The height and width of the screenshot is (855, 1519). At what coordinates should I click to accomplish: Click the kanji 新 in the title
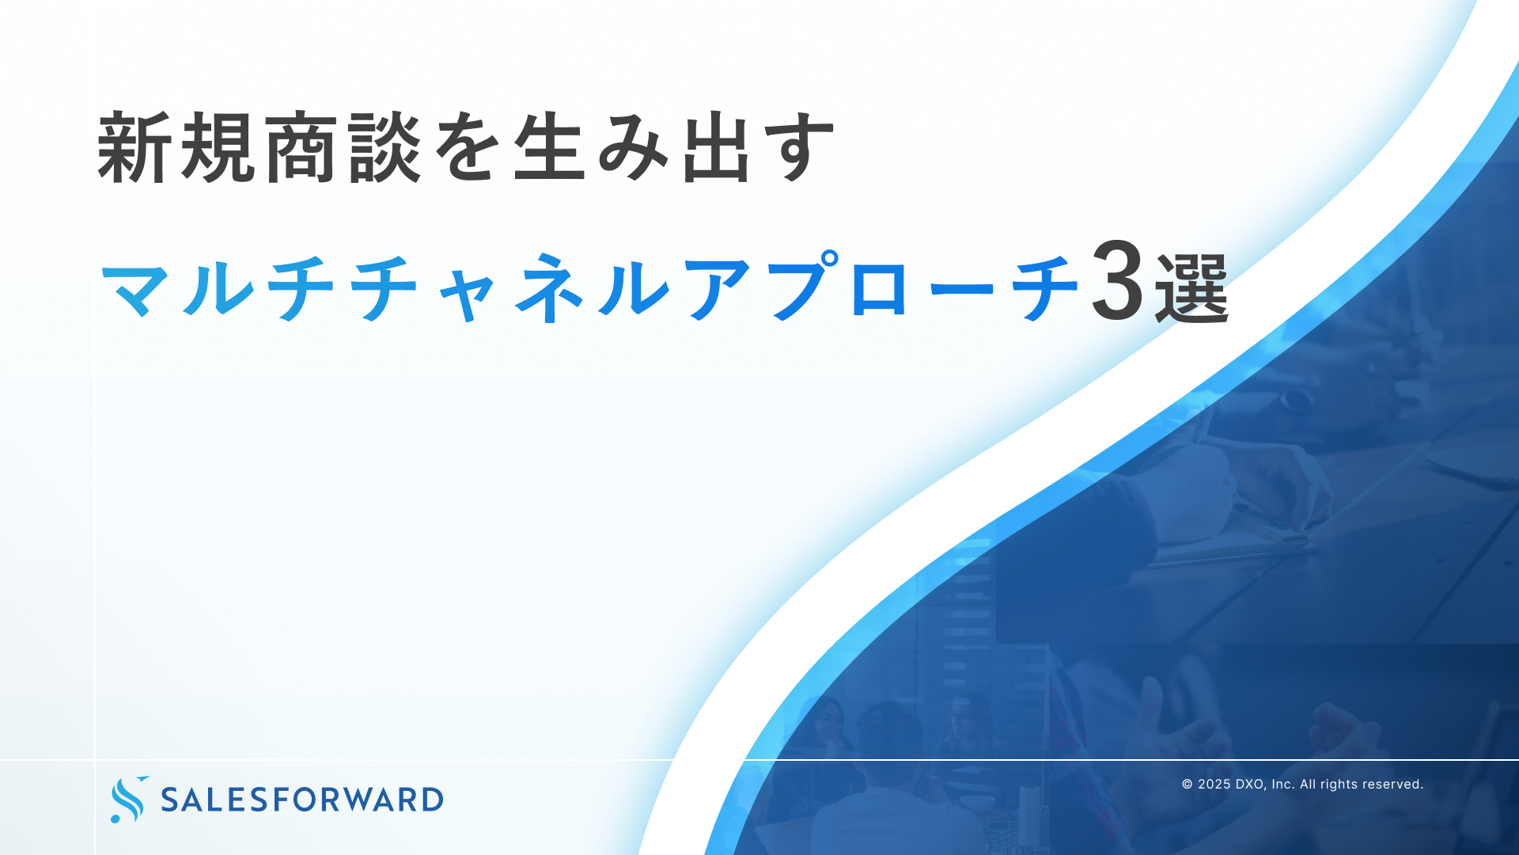[134, 147]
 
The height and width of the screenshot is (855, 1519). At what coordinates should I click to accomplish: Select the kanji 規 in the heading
[219, 147]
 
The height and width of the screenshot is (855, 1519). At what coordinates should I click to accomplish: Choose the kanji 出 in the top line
[717, 148]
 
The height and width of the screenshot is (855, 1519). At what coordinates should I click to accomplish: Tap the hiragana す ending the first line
[800, 149]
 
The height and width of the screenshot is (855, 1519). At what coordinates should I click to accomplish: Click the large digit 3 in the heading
[1117, 282]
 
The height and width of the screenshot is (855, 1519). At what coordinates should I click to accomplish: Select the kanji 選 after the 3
[1191, 288]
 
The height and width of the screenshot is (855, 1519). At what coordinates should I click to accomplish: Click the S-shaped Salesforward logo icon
[128, 800]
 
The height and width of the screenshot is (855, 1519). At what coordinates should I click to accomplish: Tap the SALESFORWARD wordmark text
[302, 800]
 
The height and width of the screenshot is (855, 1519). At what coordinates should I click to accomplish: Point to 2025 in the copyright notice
[1214, 785]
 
